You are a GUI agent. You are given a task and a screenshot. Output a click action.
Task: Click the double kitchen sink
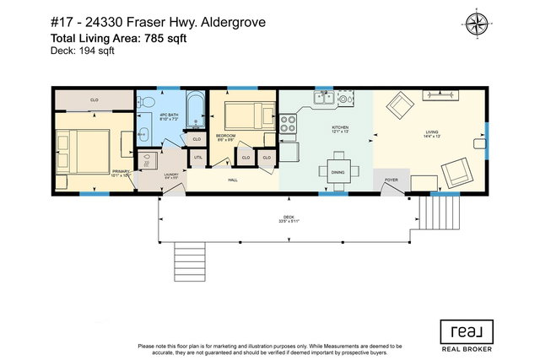(325, 99)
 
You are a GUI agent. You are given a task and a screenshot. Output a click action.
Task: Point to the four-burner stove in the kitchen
(289, 125)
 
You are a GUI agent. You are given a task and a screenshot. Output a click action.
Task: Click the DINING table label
(337, 172)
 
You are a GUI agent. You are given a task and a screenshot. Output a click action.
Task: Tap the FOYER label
(391, 180)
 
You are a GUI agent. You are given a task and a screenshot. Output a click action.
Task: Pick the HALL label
(232, 180)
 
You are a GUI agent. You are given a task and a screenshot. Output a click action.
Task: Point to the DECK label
(289, 218)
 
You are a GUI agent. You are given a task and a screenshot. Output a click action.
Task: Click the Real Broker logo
(464, 333)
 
